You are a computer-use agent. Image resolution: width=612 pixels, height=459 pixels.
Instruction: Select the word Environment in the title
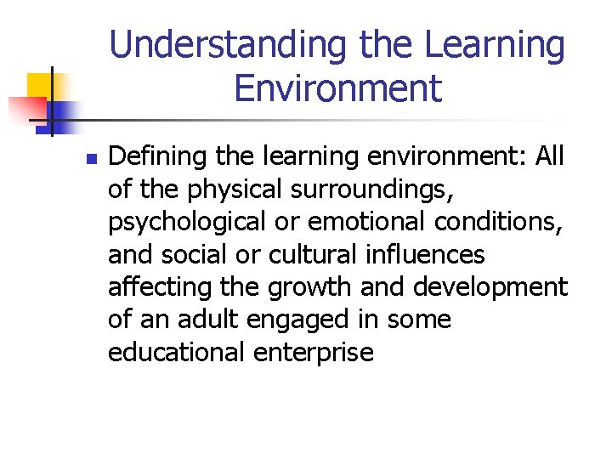click(x=337, y=88)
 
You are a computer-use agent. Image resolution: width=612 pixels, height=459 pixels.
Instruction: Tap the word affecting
click(x=160, y=287)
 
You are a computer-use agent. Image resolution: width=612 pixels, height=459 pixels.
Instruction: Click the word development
click(x=490, y=287)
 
